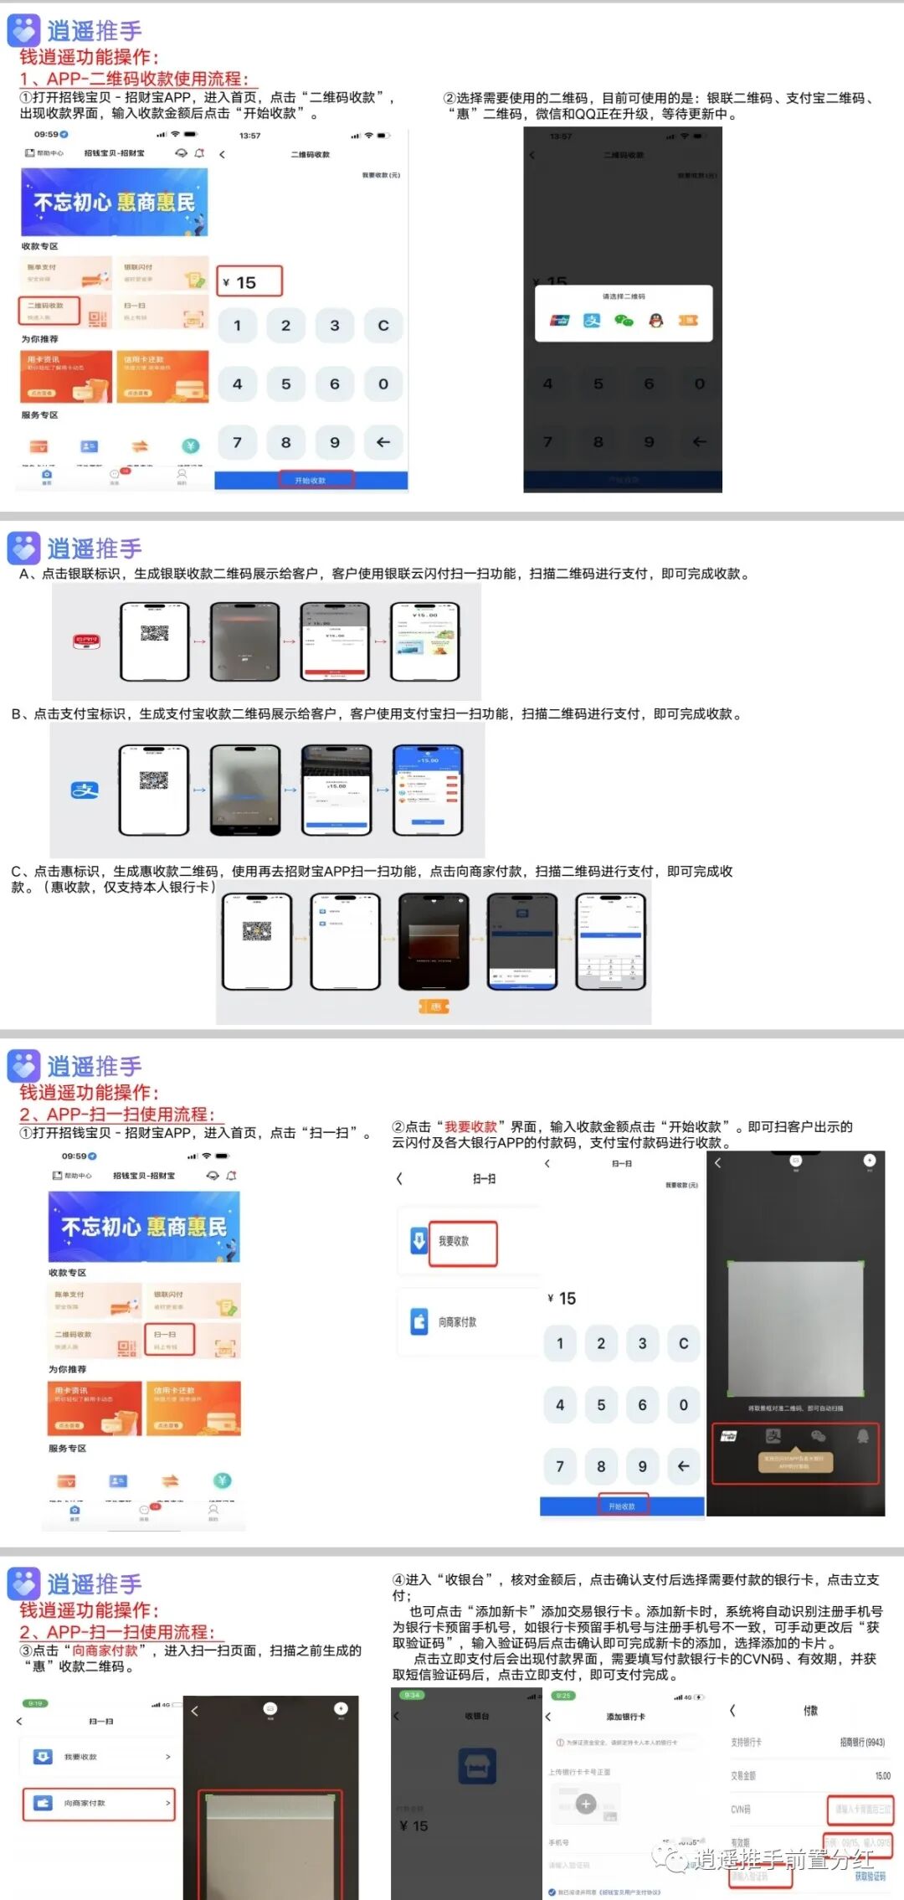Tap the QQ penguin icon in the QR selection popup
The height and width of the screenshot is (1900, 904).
[x=656, y=320]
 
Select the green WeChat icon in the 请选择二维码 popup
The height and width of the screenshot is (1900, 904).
[x=624, y=320]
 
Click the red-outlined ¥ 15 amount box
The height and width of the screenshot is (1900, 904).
[x=249, y=282]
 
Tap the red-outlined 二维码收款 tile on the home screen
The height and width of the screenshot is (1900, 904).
[x=49, y=310]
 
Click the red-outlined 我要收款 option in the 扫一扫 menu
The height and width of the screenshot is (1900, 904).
[x=462, y=1243]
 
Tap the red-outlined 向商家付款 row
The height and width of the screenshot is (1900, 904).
[x=99, y=1803]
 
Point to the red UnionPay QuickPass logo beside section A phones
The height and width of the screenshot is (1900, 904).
[x=86, y=641]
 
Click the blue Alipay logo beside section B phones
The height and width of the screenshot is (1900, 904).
[x=85, y=790]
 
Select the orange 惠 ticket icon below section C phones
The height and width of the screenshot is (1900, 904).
[x=434, y=1006]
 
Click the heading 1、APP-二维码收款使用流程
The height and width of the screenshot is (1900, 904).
[x=135, y=79]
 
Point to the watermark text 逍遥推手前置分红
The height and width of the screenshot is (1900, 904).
[x=783, y=1860]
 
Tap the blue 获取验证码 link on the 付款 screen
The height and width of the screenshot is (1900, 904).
[x=870, y=1877]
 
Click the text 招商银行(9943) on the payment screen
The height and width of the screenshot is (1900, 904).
[x=862, y=1743]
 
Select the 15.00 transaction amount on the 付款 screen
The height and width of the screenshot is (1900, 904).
[x=882, y=1775]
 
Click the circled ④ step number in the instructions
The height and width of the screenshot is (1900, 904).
[x=398, y=1580]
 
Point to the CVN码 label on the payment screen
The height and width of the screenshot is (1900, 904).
[x=741, y=1810]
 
